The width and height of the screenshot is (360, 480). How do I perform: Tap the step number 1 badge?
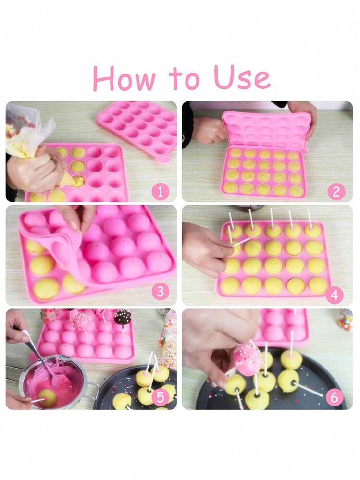point(160,192)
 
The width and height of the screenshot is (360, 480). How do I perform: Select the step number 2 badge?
point(336,192)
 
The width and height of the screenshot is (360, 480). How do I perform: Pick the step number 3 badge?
point(160,292)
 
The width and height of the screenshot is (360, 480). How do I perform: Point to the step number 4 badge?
point(335,295)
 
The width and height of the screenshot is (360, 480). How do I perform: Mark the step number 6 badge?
point(335,397)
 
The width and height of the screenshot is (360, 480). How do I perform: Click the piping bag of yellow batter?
point(34,138)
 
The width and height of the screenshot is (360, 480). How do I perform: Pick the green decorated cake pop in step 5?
point(49,316)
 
